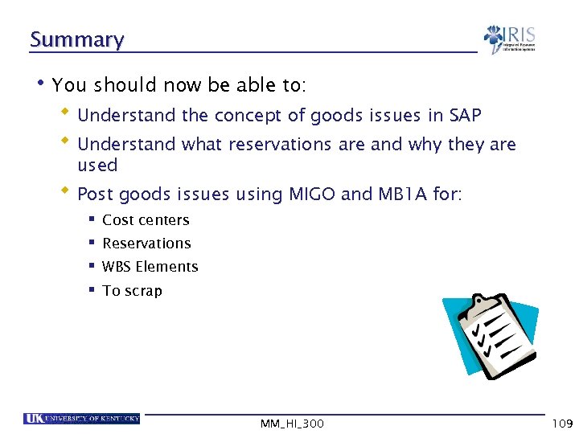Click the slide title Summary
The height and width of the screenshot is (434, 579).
point(76,39)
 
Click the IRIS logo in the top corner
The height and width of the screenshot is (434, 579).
point(509,39)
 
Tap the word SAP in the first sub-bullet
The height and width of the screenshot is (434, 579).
point(465,116)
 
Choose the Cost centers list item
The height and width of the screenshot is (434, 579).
point(146,220)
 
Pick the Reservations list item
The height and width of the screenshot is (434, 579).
point(146,244)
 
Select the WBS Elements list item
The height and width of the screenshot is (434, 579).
point(150,267)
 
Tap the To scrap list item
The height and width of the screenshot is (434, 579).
point(132,291)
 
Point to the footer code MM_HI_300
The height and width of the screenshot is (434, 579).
point(291,424)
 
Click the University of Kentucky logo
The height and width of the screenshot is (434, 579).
point(81,419)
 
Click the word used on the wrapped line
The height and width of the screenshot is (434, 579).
point(97,166)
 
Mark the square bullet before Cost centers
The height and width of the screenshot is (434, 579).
point(93,219)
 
